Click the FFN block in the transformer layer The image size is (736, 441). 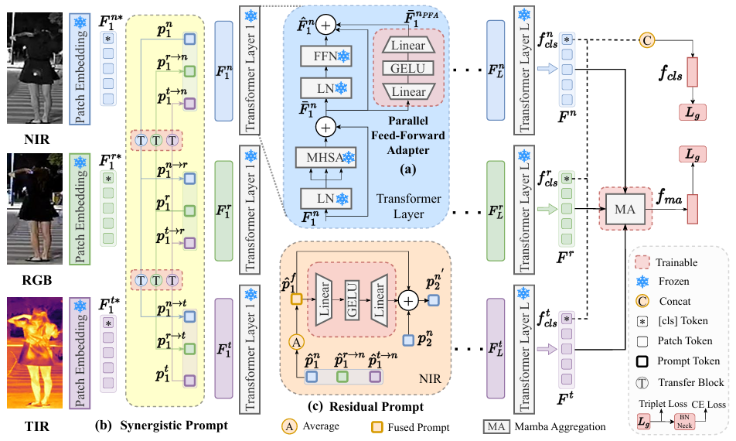coord(324,56)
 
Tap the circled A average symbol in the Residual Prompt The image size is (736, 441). coord(294,341)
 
